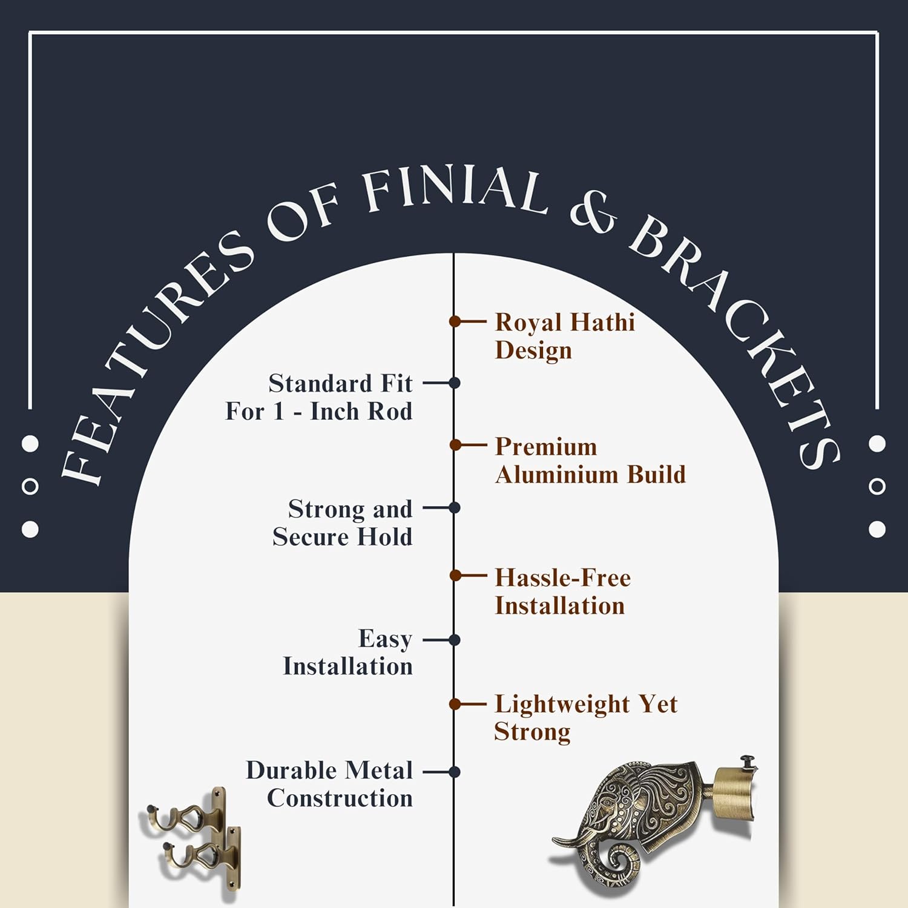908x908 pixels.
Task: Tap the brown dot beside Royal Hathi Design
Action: pyautogui.click(x=455, y=321)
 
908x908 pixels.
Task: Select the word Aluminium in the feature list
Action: pyautogui.click(x=557, y=475)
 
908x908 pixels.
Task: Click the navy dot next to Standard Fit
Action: pyautogui.click(x=455, y=383)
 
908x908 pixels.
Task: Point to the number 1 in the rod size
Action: pyautogui.click(x=278, y=412)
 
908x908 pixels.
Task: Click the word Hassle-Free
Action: pyautogui.click(x=563, y=578)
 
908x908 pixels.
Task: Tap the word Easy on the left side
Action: pyautogui.click(x=385, y=639)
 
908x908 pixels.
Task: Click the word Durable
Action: pyautogui.click(x=291, y=771)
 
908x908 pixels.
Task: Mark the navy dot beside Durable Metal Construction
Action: pyautogui.click(x=455, y=772)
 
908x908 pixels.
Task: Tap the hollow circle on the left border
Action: pyautogui.click(x=30, y=486)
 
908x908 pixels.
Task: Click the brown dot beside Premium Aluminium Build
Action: pyautogui.click(x=455, y=446)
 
